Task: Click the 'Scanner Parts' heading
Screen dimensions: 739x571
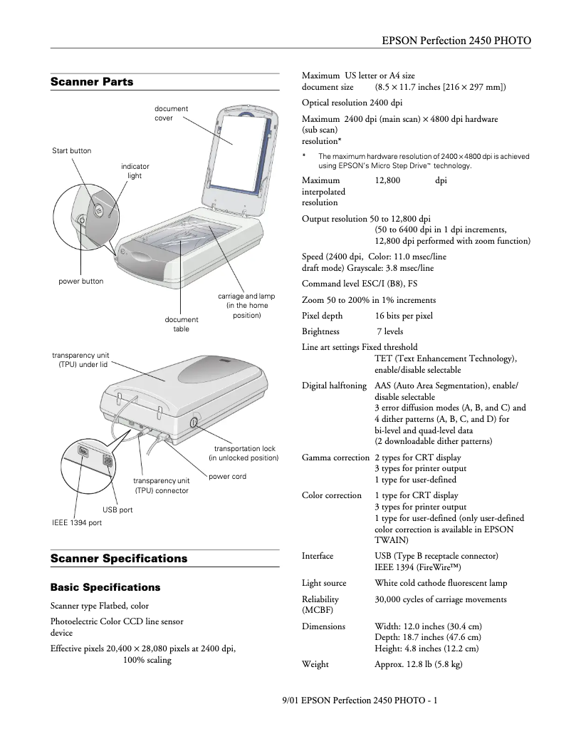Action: [x=92, y=82]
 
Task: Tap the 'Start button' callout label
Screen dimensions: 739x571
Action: [x=72, y=150]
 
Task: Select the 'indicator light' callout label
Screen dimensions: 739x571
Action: [x=135, y=171]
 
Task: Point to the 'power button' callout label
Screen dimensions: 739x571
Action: [x=80, y=281]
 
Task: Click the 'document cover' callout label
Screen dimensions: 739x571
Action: [x=172, y=113]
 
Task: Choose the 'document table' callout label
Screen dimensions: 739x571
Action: [x=182, y=324]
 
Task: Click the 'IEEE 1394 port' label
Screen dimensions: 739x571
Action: [x=77, y=523]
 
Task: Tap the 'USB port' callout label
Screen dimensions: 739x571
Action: [x=117, y=510]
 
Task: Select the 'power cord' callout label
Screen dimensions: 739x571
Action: [x=228, y=477]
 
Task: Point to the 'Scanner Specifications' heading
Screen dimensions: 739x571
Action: [x=119, y=559]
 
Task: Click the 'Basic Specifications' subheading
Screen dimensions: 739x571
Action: [x=105, y=588]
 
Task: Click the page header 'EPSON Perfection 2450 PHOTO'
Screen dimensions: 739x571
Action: [x=456, y=41]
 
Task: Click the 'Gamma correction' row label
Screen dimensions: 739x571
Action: [x=335, y=458]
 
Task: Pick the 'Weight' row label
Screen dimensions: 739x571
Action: [x=315, y=664]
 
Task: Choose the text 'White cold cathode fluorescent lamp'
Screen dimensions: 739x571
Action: [x=441, y=583]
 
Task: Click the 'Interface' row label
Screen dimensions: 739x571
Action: [x=318, y=556]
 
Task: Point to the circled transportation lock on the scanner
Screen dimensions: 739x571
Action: [x=195, y=423]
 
